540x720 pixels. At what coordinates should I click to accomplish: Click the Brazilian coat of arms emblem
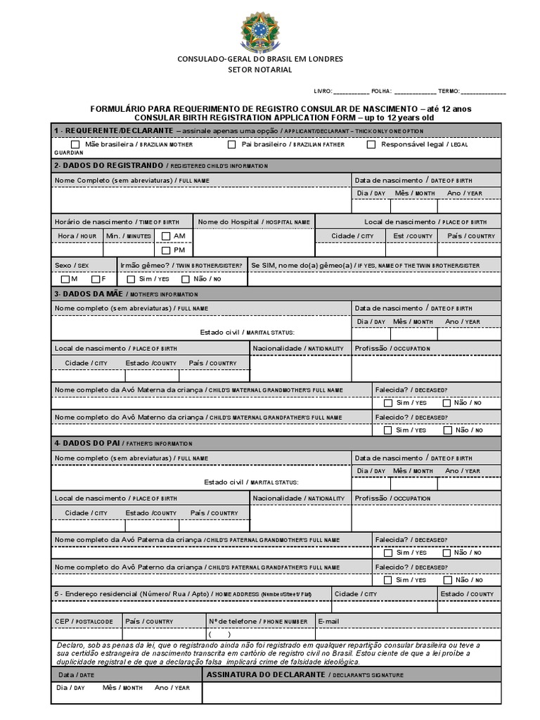pyautogui.click(x=259, y=30)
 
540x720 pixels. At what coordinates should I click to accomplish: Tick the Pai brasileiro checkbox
pyautogui.click(x=231, y=144)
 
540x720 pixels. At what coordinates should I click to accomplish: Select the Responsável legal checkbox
pyautogui.click(x=371, y=144)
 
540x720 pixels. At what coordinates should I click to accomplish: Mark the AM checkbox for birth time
pyautogui.click(x=166, y=236)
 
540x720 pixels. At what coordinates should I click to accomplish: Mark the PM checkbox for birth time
pyautogui.click(x=166, y=250)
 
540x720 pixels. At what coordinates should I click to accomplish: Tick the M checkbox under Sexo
pyautogui.click(x=65, y=279)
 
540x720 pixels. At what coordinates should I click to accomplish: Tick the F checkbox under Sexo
pyautogui.click(x=95, y=279)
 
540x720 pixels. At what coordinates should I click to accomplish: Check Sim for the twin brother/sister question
pyautogui.click(x=131, y=279)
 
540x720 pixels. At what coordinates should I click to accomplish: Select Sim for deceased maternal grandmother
pyautogui.click(x=388, y=403)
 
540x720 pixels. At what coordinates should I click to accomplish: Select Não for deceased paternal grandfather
pyautogui.click(x=446, y=580)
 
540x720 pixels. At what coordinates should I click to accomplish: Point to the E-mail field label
pyautogui.click(x=329, y=622)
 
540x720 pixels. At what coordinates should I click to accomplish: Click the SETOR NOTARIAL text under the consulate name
pyautogui.click(x=259, y=70)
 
